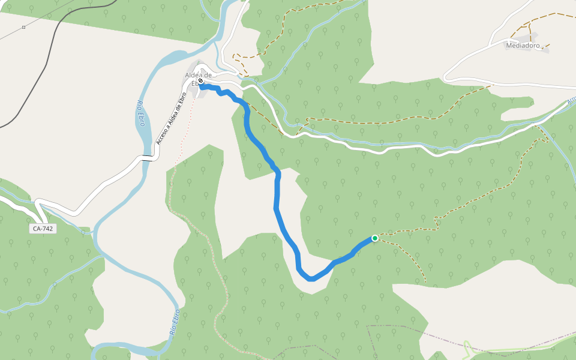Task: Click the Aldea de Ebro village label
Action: pos(199,75)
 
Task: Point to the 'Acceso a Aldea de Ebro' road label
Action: pos(169,119)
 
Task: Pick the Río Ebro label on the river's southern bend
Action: pos(174,321)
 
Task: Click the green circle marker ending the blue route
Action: pos(375,238)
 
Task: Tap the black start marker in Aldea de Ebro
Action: pos(201,81)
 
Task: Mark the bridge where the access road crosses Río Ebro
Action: pos(148,158)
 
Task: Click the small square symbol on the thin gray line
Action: pos(23,27)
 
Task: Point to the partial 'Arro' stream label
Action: pos(571,101)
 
